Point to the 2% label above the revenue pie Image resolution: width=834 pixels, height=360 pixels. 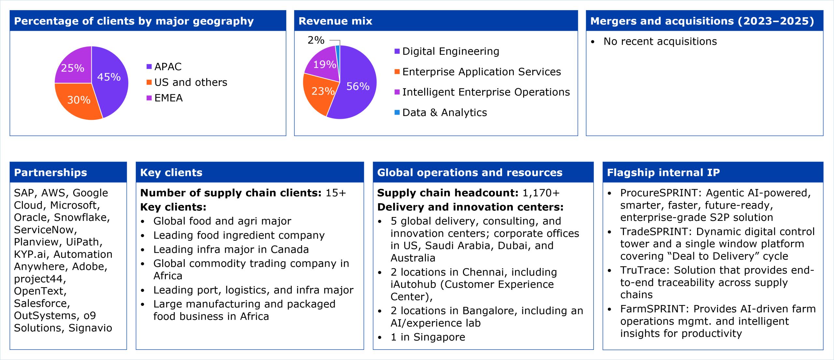pos(316,40)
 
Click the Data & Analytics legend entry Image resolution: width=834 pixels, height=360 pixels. pos(444,112)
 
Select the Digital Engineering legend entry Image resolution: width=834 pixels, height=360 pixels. pos(451,51)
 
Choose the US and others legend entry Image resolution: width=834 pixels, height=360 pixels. pos(191,82)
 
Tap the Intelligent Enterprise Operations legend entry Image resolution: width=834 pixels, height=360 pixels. pos(486,92)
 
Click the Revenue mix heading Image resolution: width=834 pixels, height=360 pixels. pos(335,21)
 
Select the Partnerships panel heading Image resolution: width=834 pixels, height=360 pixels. pos(50,172)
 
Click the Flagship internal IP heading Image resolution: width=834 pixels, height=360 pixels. pos(663,172)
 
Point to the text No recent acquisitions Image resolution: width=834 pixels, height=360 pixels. pos(660,41)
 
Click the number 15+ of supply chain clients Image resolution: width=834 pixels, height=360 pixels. pos(336,193)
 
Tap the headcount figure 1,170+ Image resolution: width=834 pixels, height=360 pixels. pos(541,193)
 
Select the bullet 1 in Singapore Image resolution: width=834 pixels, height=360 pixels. pos(428,337)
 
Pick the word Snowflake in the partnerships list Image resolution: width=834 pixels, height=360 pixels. pos(81,217)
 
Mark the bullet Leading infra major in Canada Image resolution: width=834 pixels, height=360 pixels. pos(231,249)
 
